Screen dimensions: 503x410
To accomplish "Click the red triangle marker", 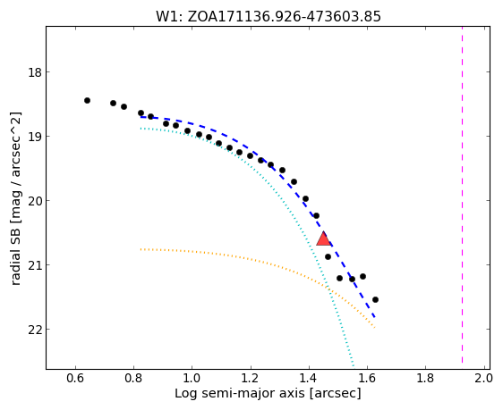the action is point(323,238).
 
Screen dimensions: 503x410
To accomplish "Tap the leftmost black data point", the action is point(87,101).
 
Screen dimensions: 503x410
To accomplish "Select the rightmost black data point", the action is point(375,300).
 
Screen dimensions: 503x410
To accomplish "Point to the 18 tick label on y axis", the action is point(35,72).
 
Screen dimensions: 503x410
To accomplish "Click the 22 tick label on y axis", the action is point(35,330).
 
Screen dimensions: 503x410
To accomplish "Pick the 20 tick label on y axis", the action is point(35,201).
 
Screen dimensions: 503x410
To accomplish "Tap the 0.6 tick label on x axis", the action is point(75,379).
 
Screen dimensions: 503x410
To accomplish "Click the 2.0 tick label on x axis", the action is point(483,379).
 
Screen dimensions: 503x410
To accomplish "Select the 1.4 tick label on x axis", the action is point(309,379).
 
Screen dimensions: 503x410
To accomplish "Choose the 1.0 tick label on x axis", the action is point(192,379).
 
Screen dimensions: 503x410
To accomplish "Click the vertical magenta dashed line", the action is point(462,195).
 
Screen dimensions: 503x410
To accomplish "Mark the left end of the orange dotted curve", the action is point(141,249).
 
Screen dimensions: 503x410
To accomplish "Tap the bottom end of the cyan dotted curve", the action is point(354,364).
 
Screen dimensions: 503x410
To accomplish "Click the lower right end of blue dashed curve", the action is point(374,317).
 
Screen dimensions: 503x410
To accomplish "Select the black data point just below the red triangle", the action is point(328,257).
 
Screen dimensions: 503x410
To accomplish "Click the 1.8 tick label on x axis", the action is point(425,379).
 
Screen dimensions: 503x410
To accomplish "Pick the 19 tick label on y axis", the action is point(35,137).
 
